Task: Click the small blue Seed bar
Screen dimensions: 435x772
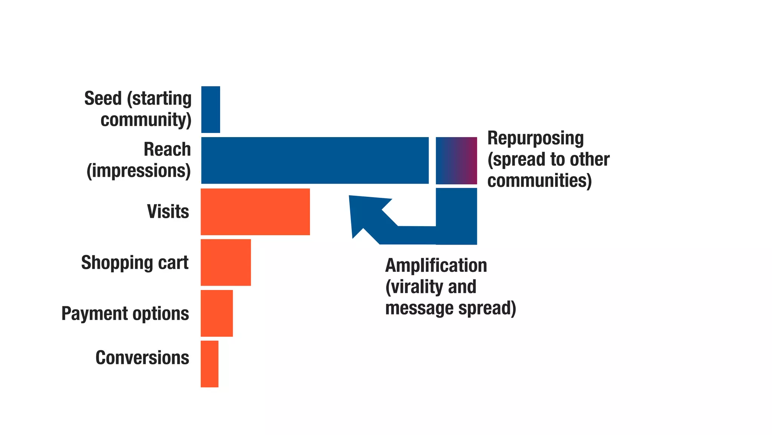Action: coord(210,110)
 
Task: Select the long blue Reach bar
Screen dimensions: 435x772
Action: coord(315,160)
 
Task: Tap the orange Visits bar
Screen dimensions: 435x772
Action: coord(255,212)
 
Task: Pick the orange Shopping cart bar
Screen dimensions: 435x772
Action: coord(225,262)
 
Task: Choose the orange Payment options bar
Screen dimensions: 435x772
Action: coord(216,313)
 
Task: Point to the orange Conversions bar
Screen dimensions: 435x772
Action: coord(209,364)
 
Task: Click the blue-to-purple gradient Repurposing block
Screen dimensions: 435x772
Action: coord(456,160)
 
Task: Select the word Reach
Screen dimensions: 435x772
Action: coord(167,149)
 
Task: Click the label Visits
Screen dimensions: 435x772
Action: coord(168,211)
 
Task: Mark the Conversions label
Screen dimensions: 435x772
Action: coord(142,358)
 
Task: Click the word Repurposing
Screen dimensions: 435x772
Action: coord(535,138)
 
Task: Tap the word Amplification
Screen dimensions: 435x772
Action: coord(436,265)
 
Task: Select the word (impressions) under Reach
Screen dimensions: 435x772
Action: coord(138,171)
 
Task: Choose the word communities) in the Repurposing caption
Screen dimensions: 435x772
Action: coord(539,180)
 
